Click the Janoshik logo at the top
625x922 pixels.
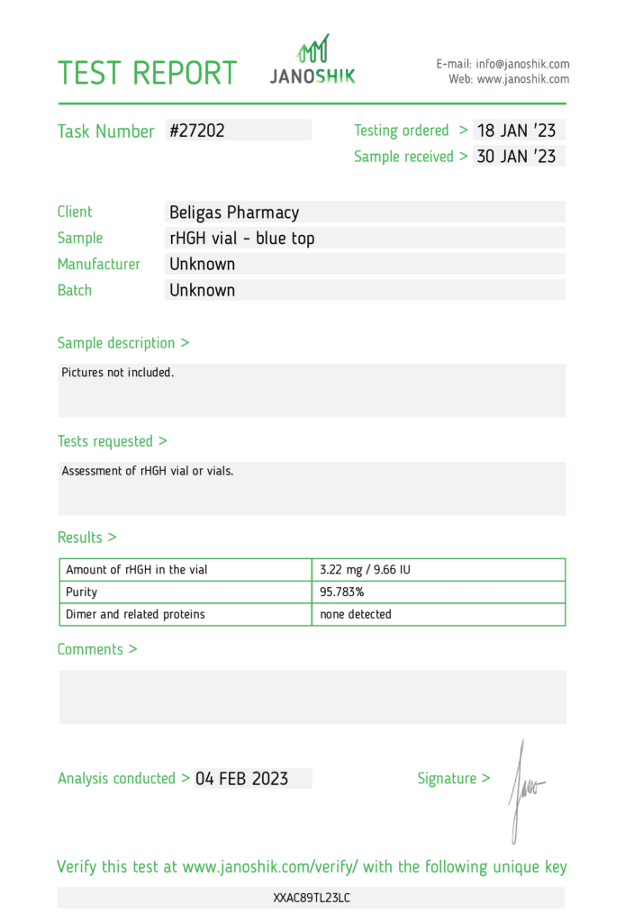click(x=312, y=60)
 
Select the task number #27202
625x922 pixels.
click(x=197, y=131)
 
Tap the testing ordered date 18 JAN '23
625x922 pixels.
click(x=516, y=131)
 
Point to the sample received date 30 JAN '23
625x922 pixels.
click(x=516, y=157)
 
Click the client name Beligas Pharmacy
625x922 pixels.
click(x=234, y=212)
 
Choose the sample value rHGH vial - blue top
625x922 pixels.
click(x=242, y=239)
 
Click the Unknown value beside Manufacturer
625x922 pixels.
click(x=203, y=265)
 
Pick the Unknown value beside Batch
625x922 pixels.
click(x=203, y=291)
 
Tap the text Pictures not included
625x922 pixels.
click(x=118, y=372)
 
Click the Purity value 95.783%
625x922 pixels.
click(x=342, y=592)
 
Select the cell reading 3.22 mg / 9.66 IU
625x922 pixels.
click(x=366, y=570)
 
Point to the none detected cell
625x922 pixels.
click(x=356, y=614)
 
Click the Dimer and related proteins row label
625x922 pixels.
click(x=135, y=614)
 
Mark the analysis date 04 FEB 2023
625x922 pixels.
click(x=241, y=779)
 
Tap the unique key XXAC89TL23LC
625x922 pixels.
click(x=312, y=898)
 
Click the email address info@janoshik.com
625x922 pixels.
click(x=523, y=64)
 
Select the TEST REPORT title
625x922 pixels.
click(x=148, y=73)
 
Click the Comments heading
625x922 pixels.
click(x=97, y=649)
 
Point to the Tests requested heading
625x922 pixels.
click(x=113, y=441)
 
